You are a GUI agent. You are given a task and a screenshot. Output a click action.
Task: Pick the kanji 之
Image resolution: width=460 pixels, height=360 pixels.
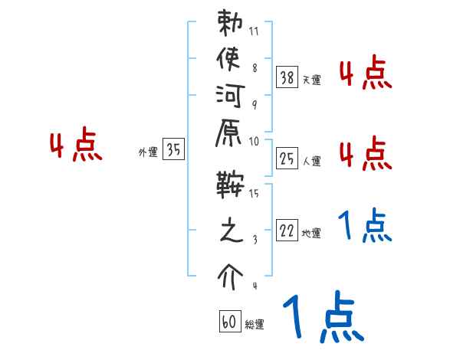(229, 231)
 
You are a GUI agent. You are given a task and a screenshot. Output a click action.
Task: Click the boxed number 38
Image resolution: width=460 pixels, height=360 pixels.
(287, 77)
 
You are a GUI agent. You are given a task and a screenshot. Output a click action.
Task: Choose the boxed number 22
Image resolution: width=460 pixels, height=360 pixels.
(287, 231)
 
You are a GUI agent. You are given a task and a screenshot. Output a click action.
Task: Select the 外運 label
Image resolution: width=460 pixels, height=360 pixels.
(148, 152)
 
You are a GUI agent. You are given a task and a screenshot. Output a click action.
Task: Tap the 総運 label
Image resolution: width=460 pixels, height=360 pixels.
(255, 325)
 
